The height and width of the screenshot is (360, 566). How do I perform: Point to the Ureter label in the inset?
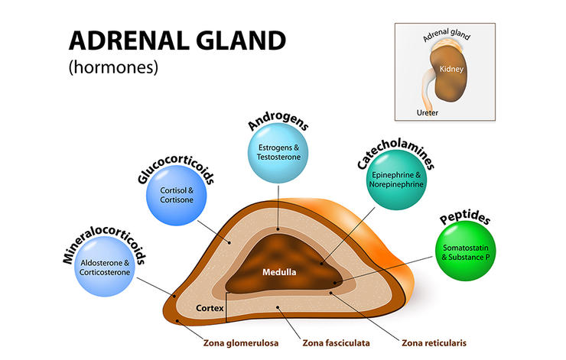[x=427, y=112]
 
